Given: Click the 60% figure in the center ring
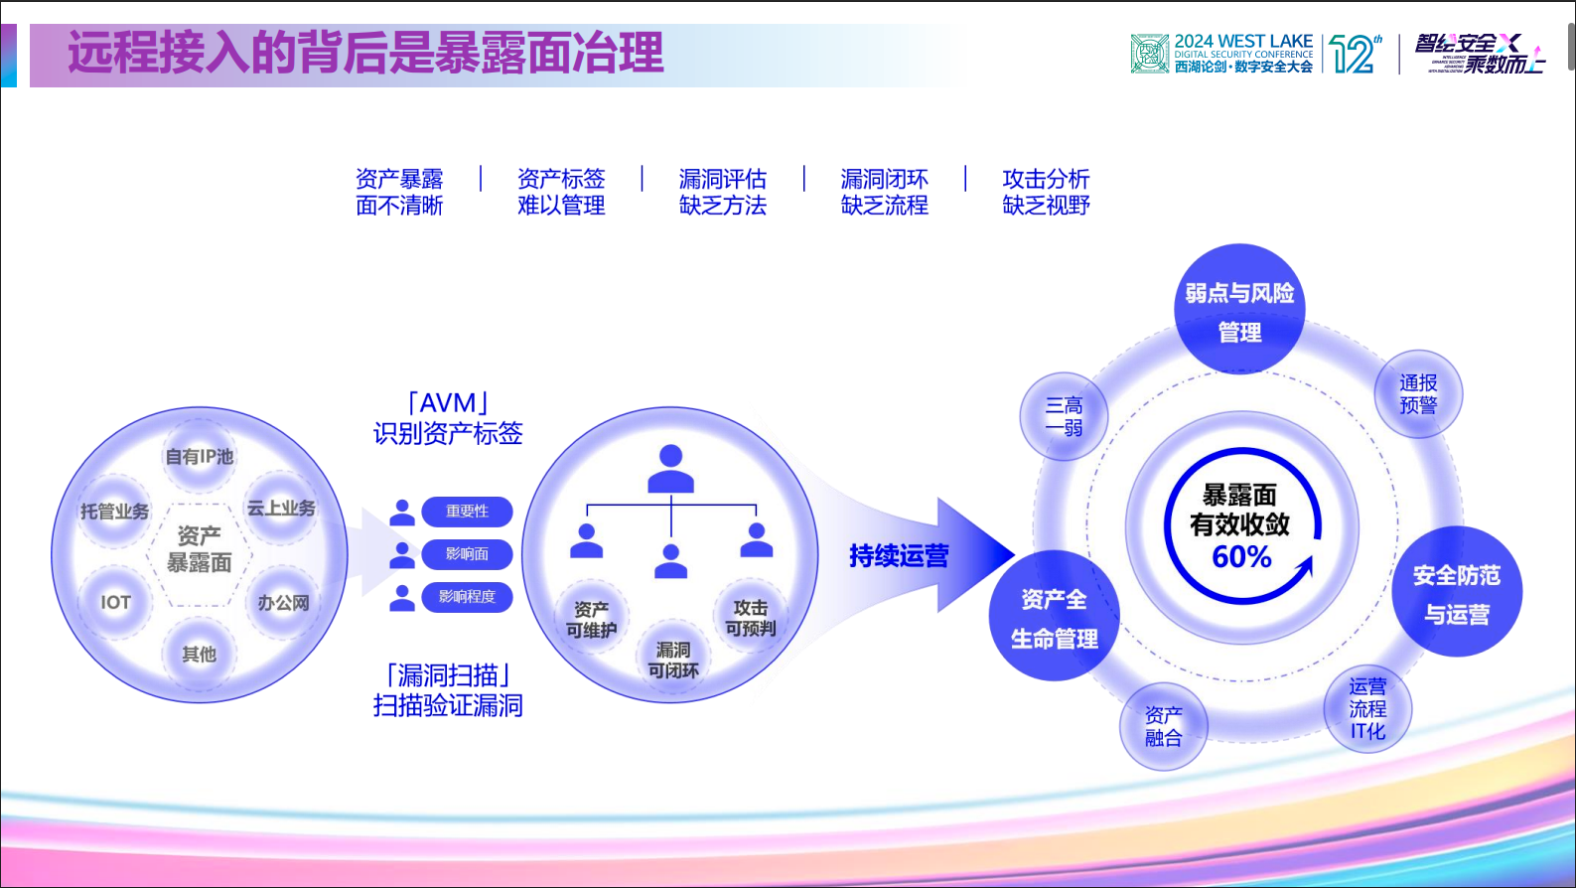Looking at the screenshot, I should point(1241,556).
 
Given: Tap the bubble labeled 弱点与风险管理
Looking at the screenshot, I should point(1239,311).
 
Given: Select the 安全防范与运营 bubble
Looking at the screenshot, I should point(1457,593).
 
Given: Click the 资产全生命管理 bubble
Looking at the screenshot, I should point(1054,618).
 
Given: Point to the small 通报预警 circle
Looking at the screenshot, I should point(1418,394).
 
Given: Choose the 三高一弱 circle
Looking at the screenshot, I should point(1064,416).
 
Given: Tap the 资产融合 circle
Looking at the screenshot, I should point(1163,726).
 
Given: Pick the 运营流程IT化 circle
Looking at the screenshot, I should point(1367,708).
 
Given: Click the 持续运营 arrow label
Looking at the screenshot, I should point(899,555).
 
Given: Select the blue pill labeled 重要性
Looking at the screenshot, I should point(467,512).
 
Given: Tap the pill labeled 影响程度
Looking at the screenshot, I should point(467,597).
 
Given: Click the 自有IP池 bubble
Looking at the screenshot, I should point(200,457).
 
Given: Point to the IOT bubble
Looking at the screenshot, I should point(115,602).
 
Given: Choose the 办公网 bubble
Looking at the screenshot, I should point(284,602).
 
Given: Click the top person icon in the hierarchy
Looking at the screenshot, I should point(671,469).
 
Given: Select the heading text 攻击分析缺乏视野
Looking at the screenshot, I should point(1046,192).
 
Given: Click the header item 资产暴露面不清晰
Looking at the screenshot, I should point(399,192).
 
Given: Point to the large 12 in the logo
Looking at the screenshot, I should point(1352,55).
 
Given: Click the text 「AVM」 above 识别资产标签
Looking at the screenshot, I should point(448,403).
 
